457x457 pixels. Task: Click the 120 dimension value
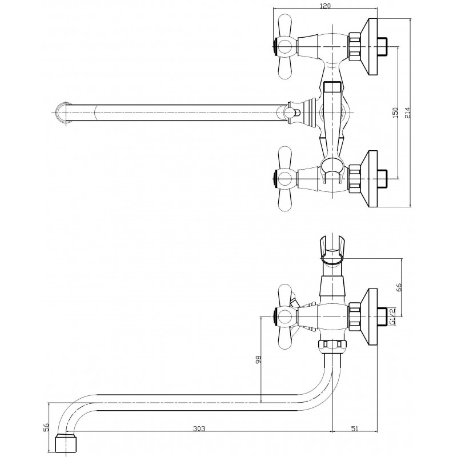coord(325,6)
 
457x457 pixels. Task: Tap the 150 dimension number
coord(395,113)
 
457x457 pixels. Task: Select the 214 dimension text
coord(407,113)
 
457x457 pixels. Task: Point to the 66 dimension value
coord(399,287)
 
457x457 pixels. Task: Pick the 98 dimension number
coord(258,359)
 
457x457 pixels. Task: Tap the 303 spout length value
coord(199,428)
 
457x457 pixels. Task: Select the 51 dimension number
coord(354,428)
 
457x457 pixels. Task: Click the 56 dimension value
coord(45,427)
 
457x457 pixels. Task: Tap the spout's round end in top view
coord(63,113)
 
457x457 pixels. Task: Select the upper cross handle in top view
coord(286,47)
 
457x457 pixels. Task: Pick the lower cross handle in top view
coord(286,178)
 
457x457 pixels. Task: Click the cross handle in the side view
coord(286,316)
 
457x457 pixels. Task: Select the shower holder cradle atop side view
coord(332,250)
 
